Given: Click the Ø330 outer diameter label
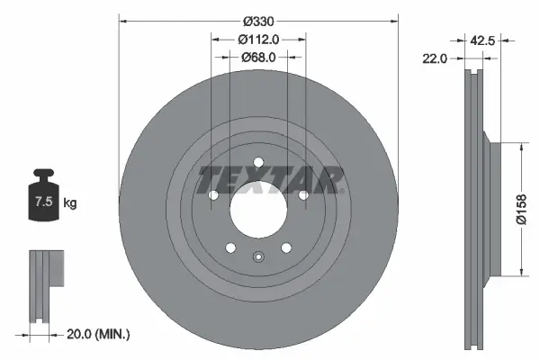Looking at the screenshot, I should pos(258,19).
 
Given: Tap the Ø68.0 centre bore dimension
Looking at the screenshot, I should pos(258,57).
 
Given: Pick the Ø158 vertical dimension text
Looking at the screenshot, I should pos(521,210).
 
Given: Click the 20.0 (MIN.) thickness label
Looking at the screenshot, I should pos(100,334).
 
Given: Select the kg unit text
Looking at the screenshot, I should pos(70,202).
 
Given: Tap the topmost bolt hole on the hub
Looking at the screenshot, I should pos(258,163).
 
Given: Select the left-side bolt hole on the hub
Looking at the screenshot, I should pos(213,195).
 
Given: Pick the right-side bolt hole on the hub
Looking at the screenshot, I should pos(303,195).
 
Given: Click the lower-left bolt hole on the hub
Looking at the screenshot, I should pos(230,247).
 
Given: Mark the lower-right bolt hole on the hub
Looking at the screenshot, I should pos(286,247).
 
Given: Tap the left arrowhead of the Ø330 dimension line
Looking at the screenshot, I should pos(122,19).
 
